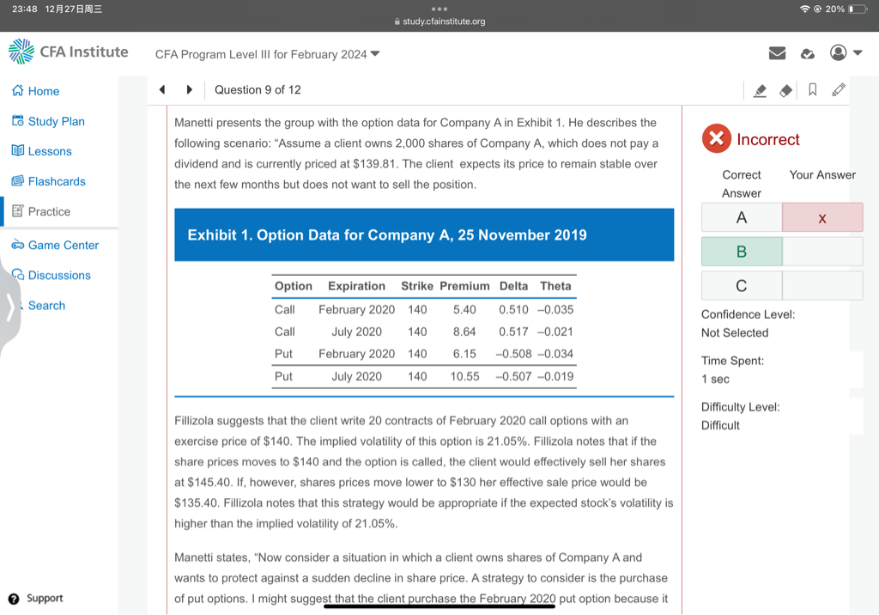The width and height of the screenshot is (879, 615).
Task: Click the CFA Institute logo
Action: pos(69,52)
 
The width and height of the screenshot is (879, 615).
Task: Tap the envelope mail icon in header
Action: pos(777,53)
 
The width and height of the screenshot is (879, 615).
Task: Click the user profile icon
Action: pos(839,53)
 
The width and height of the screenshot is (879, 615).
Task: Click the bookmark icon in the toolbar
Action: pos(812,90)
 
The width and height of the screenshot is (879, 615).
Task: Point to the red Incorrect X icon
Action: pos(716,139)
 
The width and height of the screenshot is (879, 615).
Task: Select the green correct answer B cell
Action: pos(742,251)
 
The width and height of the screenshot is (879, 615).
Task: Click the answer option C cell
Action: pos(742,285)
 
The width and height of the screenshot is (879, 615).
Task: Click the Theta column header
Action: pos(555,286)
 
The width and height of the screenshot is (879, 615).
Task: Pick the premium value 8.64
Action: pos(464,332)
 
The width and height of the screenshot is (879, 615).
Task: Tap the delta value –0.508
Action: pos(513,354)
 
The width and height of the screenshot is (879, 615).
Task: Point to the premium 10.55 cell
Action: pos(464,376)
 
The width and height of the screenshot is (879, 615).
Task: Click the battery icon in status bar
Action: pos(858,9)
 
